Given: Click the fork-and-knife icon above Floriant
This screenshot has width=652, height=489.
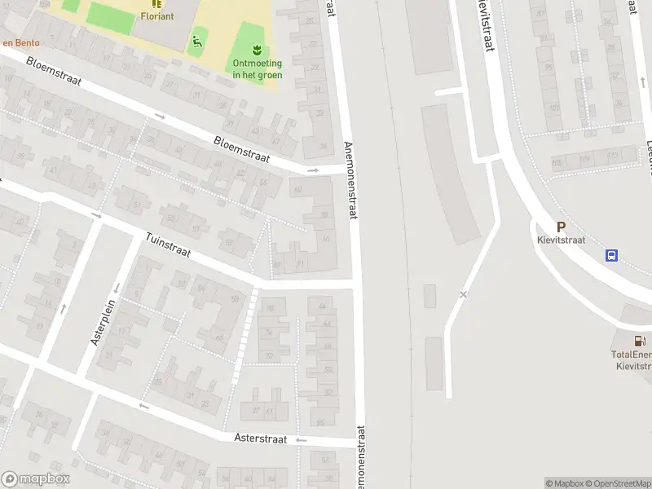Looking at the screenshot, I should coord(156,3).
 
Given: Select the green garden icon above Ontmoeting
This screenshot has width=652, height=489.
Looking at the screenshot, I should coord(258,47).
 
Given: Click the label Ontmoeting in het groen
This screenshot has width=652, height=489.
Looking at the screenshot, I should coord(258,69).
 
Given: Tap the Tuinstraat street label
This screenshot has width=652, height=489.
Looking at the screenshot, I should coord(168,246).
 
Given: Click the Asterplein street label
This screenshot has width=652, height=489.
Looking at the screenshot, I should coord(105,323).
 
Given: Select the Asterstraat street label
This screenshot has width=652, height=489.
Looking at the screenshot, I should coord(261,438).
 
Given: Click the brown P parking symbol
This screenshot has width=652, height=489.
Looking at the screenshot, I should coord(561,227).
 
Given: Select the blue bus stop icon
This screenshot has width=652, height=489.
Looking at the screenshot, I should coord(611,255).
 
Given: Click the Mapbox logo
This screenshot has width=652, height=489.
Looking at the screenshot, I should coord(35,479).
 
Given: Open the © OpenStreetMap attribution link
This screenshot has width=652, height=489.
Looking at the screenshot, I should coord(619,483).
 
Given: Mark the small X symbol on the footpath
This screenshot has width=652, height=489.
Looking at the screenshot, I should coord(464,294).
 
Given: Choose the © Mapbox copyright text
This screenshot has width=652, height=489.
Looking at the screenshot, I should coord(565,483).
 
